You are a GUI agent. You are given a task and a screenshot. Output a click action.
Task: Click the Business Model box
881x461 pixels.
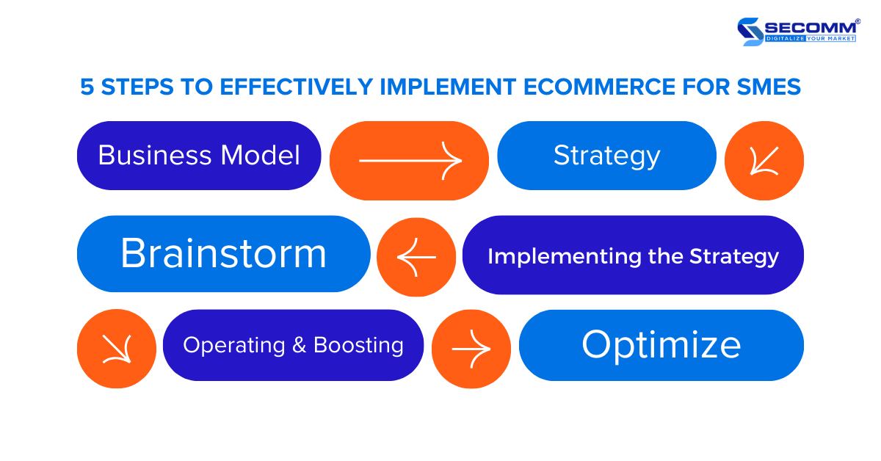[x=199, y=156]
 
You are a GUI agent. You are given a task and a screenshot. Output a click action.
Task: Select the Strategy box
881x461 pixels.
[x=606, y=156]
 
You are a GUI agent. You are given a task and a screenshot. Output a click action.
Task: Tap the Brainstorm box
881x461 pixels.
[x=223, y=254]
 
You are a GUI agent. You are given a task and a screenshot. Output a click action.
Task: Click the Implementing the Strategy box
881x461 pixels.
[x=633, y=255]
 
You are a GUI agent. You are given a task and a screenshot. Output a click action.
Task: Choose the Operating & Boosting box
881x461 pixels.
[x=293, y=345]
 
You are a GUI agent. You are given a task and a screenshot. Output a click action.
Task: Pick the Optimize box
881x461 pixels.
[x=661, y=345]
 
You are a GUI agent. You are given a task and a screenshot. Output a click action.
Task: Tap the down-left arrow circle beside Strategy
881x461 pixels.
[x=764, y=161]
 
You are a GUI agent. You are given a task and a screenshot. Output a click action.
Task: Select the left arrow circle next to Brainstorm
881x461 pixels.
[x=416, y=257]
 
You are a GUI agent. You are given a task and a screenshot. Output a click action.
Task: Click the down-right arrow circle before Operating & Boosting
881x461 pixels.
[x=116, y=349]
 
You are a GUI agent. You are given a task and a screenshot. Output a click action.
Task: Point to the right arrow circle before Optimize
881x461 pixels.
[x=471, y=349]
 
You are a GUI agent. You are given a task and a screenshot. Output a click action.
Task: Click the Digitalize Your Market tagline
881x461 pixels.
[x=811, y=38]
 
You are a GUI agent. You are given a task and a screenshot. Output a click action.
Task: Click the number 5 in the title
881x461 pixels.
[x=87, y=87]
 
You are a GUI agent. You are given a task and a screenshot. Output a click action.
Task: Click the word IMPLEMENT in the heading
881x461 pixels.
[x=449, y=87]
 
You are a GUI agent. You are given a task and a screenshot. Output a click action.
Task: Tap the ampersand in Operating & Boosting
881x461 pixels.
[x=299, y=345]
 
